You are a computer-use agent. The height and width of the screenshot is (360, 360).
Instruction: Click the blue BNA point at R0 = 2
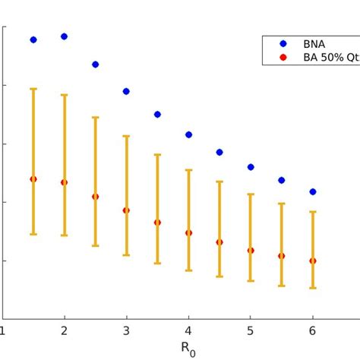tap(64, 36)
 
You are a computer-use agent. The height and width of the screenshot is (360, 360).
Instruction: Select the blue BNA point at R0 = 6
tap(313, 192)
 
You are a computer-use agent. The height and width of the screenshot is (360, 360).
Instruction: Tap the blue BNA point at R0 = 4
tap(188, 134)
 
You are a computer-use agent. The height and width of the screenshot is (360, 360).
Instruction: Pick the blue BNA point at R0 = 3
tap(126, 91)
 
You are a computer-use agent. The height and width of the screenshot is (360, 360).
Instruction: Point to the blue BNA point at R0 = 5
tap(251, 167)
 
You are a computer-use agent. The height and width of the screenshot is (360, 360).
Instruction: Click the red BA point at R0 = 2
tap(64, 182)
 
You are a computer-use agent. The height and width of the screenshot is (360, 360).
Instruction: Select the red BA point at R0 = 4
tap(188, 233)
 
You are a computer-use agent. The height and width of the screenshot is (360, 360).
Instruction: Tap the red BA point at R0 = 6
tap(313, 261)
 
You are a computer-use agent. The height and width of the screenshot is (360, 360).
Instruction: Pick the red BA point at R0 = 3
tap(126, 210)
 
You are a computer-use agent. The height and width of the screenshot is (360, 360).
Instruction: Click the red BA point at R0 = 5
tap(251, 250)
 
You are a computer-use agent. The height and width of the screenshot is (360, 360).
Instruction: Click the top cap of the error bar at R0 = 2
tap(64, 95)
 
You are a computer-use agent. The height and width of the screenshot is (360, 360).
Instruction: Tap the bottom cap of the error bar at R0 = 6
tap(313, 288)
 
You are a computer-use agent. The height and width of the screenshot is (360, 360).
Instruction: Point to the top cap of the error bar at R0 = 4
tap(188, 170)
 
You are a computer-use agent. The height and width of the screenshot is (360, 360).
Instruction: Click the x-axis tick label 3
tap(126, 331)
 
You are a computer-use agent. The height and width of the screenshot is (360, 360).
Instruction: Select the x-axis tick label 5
tap(251, 331)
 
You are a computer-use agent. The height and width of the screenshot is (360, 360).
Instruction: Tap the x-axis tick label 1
tap(3, 331)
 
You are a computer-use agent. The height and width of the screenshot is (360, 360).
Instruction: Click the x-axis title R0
tap(188, 348)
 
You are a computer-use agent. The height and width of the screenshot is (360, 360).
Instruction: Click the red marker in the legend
tap(283, 57)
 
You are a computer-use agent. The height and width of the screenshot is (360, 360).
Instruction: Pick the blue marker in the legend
tap(283, 44)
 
